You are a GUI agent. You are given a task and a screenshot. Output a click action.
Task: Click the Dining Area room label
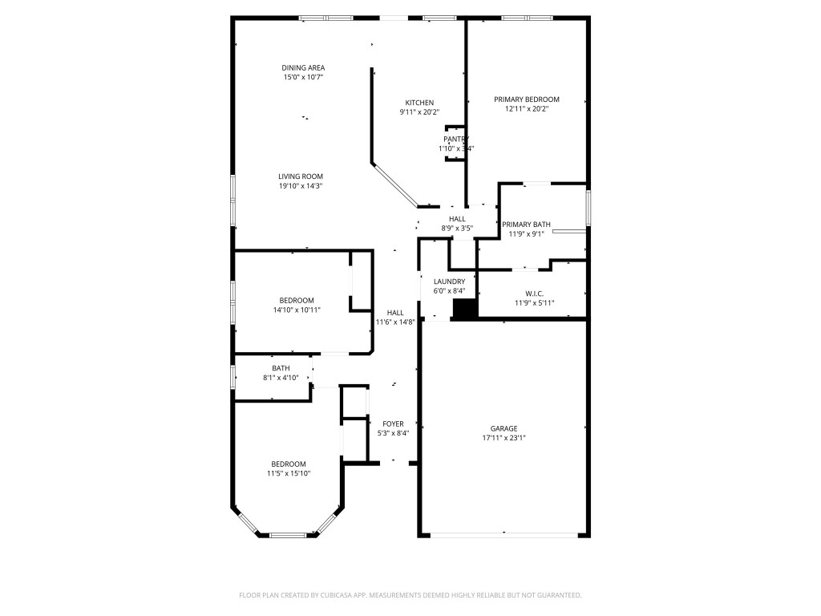point(303,67)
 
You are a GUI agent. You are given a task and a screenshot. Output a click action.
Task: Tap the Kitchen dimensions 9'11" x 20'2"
point(419,112)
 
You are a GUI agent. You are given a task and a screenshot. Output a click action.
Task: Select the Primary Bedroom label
point(527,99)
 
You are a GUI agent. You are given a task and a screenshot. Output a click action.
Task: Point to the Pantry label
point(456,139)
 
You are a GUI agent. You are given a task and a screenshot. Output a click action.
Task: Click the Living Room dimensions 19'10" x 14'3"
point(301,186)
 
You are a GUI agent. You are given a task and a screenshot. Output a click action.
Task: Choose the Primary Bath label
point(526,225)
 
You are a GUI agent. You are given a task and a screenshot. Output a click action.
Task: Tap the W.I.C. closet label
point(534,294)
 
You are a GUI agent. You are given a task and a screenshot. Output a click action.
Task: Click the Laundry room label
point(449,282)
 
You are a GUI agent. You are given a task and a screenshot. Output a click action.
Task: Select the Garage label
point(504,428)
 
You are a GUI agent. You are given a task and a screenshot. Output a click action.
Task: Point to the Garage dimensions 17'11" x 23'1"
point(504,438)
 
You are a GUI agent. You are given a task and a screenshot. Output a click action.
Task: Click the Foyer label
point(393,423)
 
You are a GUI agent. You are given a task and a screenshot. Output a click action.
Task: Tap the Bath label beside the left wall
point(281,368)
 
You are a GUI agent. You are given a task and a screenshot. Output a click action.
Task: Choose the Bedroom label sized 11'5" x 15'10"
point(289,464)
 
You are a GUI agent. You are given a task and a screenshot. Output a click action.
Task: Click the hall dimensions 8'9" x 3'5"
point(457,228)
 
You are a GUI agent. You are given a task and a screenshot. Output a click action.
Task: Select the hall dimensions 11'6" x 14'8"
point(395,322)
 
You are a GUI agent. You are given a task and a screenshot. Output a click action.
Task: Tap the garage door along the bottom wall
point(504,534)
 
